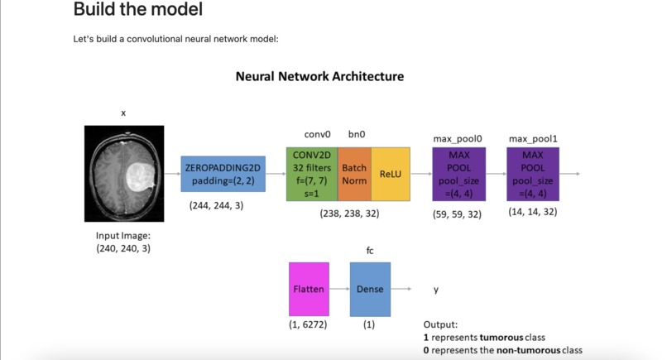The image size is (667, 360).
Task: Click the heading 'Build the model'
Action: click(x=137, y=11)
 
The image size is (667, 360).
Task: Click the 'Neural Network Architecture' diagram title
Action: click(x=319, y=76)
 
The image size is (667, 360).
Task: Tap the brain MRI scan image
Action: click(x=124, y=173)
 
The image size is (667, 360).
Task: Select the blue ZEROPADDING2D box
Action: click(x=223, y=175)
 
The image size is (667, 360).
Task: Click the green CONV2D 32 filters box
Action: click(x=312, y=175)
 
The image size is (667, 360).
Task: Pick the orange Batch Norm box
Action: click(x=354, y=175)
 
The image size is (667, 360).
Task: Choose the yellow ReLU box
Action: click(x=390, y=175)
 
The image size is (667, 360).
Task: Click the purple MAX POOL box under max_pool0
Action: click(x=458, y=175)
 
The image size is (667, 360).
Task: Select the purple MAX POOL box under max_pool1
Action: click(x=533, y=175)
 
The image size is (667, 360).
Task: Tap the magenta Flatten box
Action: click(x=309, y=290)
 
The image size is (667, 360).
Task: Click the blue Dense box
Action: click(x=370, y=290)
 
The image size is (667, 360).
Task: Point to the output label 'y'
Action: click(x=436, y=290)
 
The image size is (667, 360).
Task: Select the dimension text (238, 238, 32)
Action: click(x=350, y=214)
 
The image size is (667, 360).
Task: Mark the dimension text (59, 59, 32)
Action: click(x=458, y=214)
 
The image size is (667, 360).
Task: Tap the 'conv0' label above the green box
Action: click(x=318, y=133)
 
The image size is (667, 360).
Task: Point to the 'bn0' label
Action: click(x=356, y=133)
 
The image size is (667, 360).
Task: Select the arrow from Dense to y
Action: click(x=401, y=290)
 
